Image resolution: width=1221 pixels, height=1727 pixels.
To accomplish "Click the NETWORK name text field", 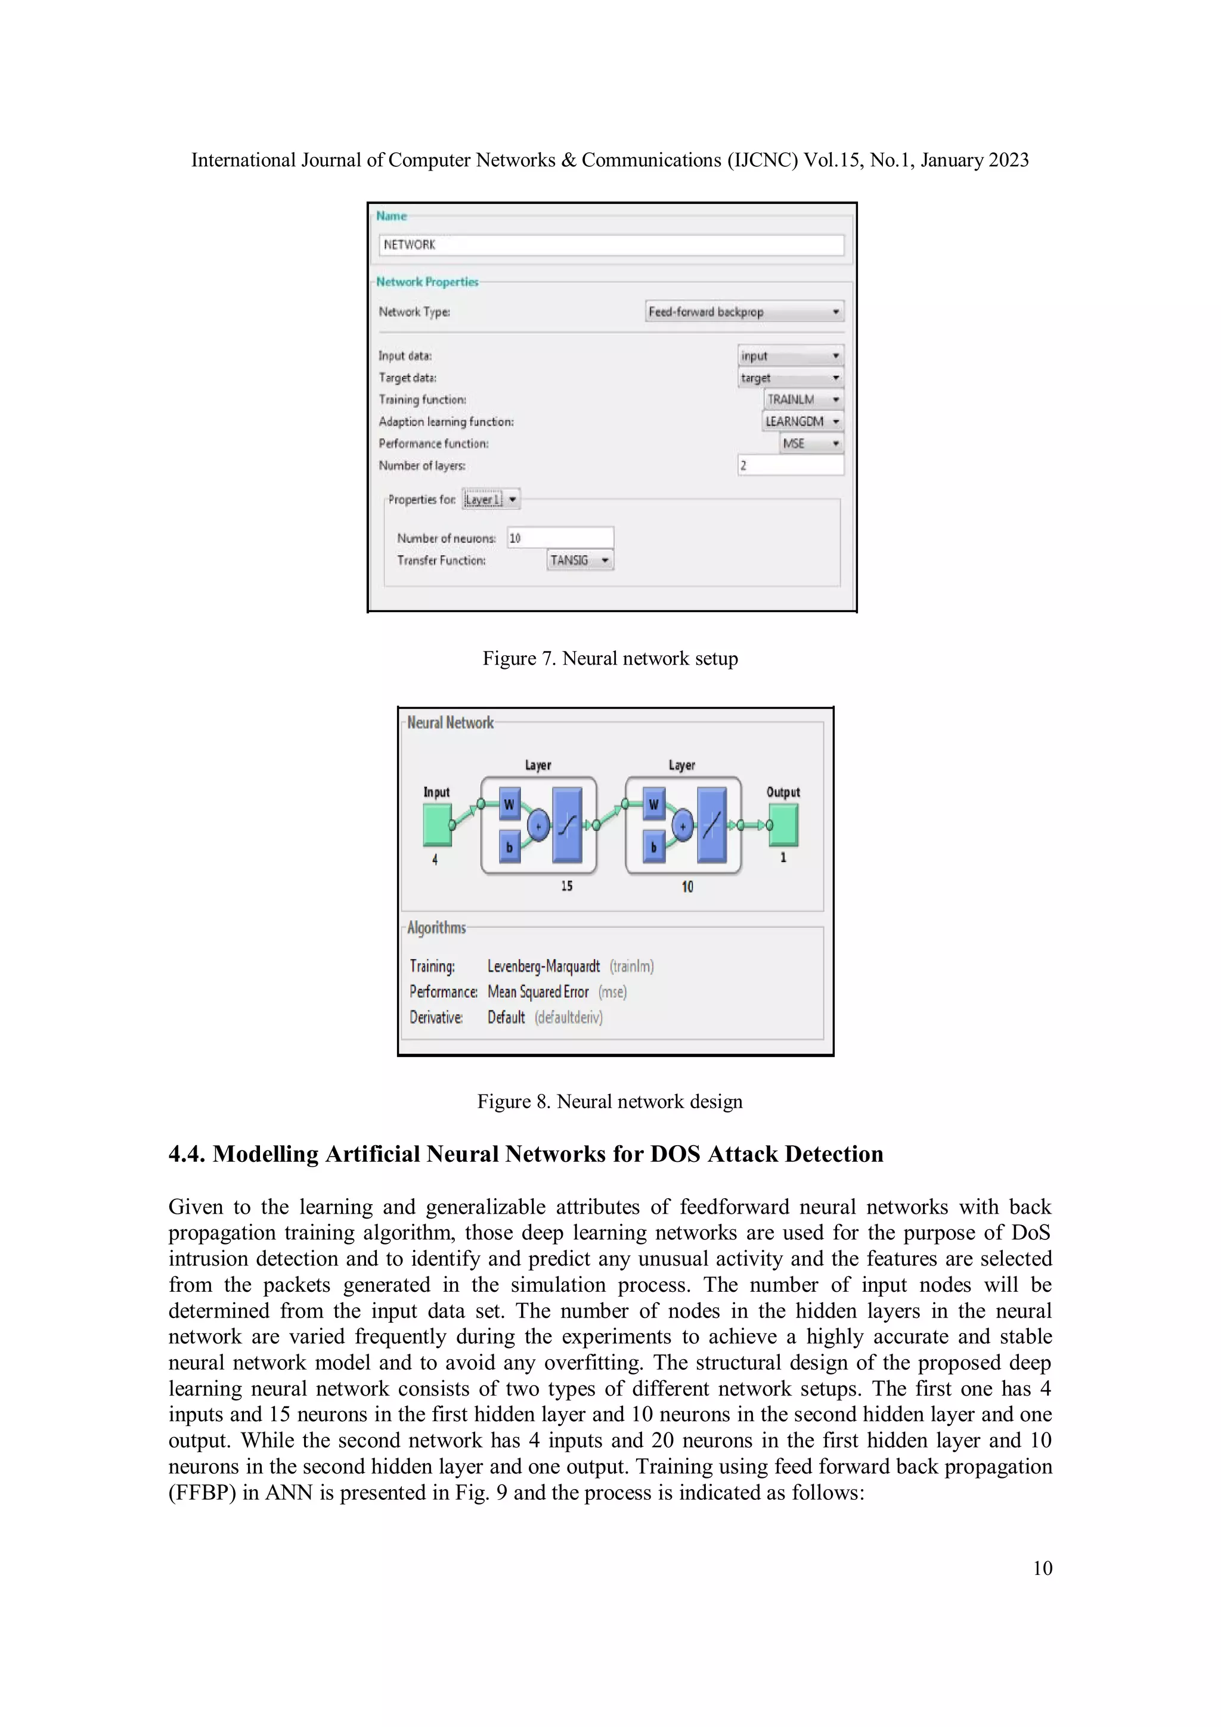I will pyautogui.click(x=611, y=244).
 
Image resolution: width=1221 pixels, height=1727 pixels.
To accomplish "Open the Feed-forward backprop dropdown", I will pyautogui.click(x=744, y=311).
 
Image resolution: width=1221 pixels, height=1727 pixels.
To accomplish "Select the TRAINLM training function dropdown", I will pyautogui.click(x=802, y=399).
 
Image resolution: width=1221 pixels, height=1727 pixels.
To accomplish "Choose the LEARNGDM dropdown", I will pyautogui.click(x=801, y=421).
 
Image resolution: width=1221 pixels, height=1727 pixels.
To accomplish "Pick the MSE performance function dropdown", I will pyautogui.click(x=810, y=443).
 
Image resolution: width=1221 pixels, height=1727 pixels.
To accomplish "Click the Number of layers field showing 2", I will pyautogui.click(x=790, y=465).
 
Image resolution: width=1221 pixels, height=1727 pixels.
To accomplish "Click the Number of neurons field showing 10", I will pyautogui.click(x=560, y=538).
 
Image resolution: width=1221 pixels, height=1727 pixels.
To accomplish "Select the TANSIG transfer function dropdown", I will pyautogui.click(x=579, y=560).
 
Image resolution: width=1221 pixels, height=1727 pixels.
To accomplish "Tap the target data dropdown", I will pyautogui.click(x=790, y=377).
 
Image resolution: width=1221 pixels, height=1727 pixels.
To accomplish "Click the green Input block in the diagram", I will pyautogui.click(x=437, y=824).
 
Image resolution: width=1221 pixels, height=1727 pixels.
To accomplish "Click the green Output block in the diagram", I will pyautogui.click(x=784, y=824).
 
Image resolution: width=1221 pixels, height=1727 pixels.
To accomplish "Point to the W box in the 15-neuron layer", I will pyautogui.click(x=509, y=804).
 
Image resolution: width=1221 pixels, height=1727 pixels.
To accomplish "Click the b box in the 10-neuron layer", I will pyautogui.click(x=654, y=847).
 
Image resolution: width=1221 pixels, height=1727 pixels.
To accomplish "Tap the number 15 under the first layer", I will pyautogui.click(x=566, y=886).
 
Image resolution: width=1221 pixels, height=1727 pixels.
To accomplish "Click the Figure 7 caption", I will pyautogui.click(x=610, y=658).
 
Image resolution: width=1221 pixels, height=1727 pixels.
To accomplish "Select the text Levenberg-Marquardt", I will pyautogui.click(x=543, y=966).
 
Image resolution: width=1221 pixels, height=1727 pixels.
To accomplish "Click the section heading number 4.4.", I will pyautogui.click(x=187, y=1154).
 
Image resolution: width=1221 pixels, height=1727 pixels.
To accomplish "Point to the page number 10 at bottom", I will pyautogui.click(x=1042, y=1568).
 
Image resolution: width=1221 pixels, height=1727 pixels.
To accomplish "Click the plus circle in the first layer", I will pyautogui.click(x=538, y=825).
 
